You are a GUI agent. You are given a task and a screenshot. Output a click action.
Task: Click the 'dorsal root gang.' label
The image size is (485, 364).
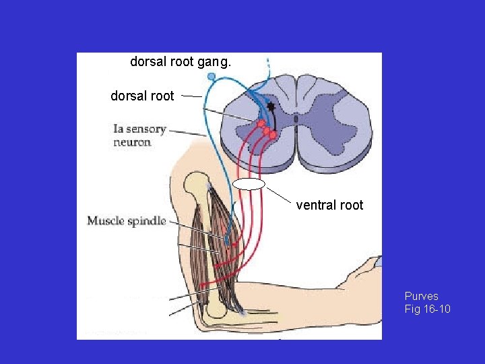click(x=181, y=62)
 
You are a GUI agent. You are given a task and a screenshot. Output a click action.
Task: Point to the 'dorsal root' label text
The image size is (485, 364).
click(x=142, y=96)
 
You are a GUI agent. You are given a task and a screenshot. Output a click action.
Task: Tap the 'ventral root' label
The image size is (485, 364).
click(x=329, y=206)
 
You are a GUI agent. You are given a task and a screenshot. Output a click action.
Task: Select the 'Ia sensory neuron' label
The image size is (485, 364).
click(x=139, y=135)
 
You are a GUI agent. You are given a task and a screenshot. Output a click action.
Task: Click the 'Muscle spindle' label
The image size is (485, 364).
click(x=126, y=221)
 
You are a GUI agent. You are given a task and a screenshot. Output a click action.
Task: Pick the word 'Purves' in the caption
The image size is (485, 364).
click(x=421, y=296)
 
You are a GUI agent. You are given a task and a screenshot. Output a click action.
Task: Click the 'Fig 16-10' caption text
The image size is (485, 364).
click(x=427, y=309)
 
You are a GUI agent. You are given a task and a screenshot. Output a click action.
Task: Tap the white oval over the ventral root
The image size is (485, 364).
click(x=249, y=183)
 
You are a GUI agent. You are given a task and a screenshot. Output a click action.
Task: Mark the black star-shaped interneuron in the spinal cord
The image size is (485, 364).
click(x=271, y=107)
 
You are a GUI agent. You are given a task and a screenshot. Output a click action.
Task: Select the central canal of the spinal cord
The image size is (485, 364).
click(x=296, y=119)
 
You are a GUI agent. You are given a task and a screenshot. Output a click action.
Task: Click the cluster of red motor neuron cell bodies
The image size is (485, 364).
click(x=265, y=129)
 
